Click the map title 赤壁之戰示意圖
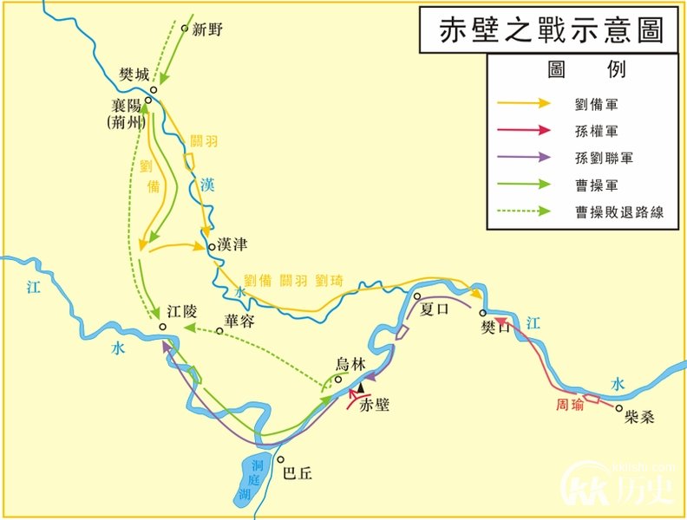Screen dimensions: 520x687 click(540, 29)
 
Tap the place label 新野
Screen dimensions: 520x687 click(208, 29)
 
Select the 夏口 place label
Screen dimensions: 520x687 click(438, 309)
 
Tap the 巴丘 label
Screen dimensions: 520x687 click(298, 473)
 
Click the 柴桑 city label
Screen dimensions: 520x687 click(639, 417)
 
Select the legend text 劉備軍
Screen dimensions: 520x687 click(596, 104)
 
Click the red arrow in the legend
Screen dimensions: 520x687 click(523, 130)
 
